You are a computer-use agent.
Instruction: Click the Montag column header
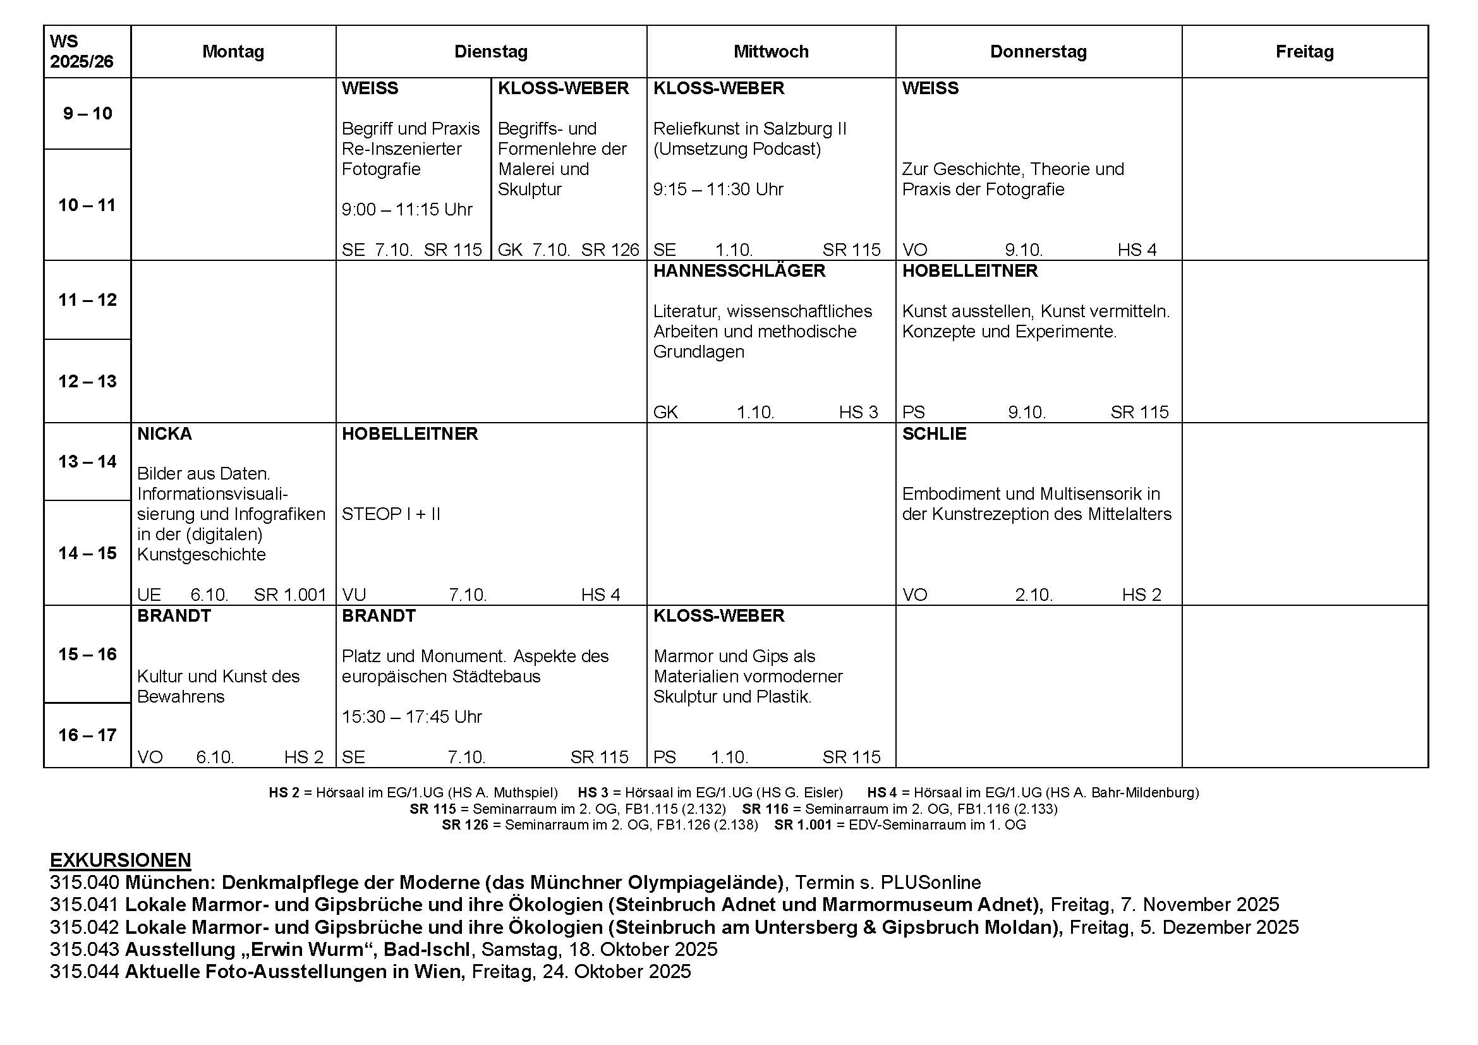(233, 51)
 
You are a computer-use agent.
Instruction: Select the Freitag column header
(1304, 51)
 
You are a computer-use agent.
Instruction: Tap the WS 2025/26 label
(81, 51)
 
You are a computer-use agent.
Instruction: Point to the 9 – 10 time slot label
(88, 114)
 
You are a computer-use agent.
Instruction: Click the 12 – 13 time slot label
(88, 381)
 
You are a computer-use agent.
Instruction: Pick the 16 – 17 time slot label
(88, 735)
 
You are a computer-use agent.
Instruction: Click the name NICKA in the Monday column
(164, 433)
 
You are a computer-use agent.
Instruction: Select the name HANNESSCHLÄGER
(739, 271)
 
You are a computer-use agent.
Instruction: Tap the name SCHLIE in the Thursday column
(934, 433)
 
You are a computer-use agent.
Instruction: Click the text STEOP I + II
(391, 514)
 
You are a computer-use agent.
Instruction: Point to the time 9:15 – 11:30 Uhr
(718, 189)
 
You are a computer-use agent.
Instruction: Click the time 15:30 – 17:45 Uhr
(411, 717)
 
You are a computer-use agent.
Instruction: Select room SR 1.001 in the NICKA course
(289, 595)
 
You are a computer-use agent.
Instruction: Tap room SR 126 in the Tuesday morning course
(610, 250)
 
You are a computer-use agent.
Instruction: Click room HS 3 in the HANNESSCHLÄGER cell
(858, 412)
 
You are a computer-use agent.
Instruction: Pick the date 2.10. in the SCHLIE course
(1033, 595)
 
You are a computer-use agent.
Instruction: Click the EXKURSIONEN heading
(121, 861)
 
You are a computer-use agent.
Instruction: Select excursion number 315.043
(84, 949)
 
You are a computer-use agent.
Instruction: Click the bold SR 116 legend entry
(765, 809)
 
